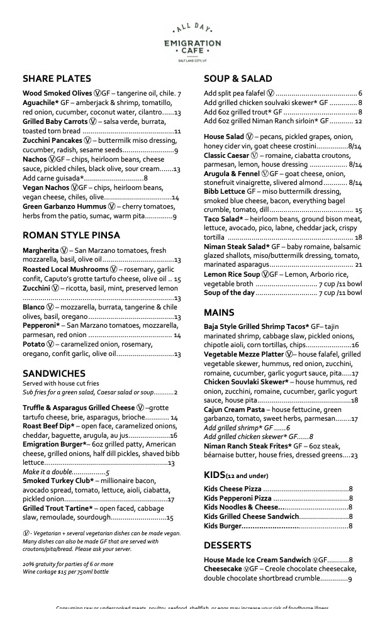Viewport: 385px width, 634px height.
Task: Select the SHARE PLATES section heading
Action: click(57, 79)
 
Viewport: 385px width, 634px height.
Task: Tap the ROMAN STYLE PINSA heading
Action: click(72, 235)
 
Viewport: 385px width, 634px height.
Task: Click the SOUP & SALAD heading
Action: click(238, 79)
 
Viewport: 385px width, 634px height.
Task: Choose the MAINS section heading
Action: click(219, 313)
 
